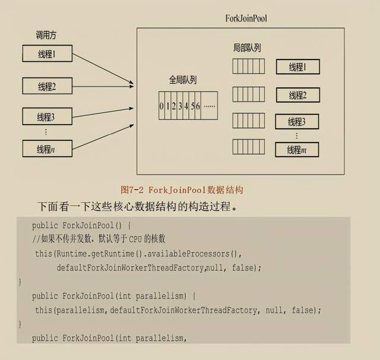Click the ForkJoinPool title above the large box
pyautogui.click(x=246, y=18)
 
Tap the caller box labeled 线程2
pyautogui.click(x=46, y=87)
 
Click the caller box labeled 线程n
pyautogui.click(x=46, y=149)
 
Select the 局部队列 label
pyautogui.click(x=248, y=48)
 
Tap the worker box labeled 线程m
pyautogui.click(x=297, y=149)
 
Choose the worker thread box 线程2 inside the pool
pyautogui.click(x=297, y=95)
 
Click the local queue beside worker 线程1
pyautogui.click(x=248, y=66)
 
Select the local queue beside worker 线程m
pyautogui.click(x=248, y=146)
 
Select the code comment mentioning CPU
pyautogui.click(x=99, y=239)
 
